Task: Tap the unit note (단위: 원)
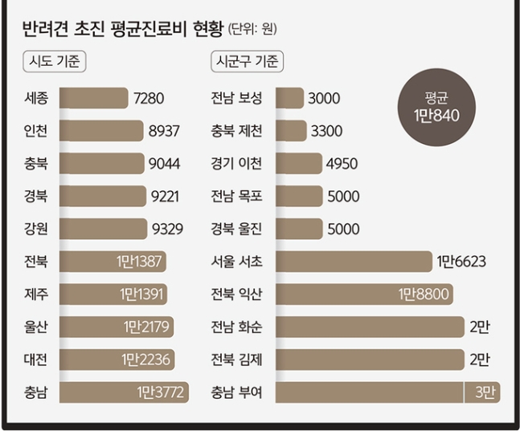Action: coord(253,31)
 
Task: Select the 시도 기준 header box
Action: coord(54,62)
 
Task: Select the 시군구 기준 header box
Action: coord(245,62)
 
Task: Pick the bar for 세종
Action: coord(93,98)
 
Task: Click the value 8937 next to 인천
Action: coord(164,131)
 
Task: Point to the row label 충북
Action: coord(36,164)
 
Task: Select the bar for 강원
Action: coord(104,229)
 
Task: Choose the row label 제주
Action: coord(36,294)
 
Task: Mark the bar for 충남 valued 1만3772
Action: coord(124,392)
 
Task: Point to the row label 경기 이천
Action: coord(236,164)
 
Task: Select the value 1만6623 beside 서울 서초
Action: coord(461,261)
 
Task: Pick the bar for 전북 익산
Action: coord(364,294)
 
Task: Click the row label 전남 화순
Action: coord(236,327)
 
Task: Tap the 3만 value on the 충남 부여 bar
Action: coord(484,392)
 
